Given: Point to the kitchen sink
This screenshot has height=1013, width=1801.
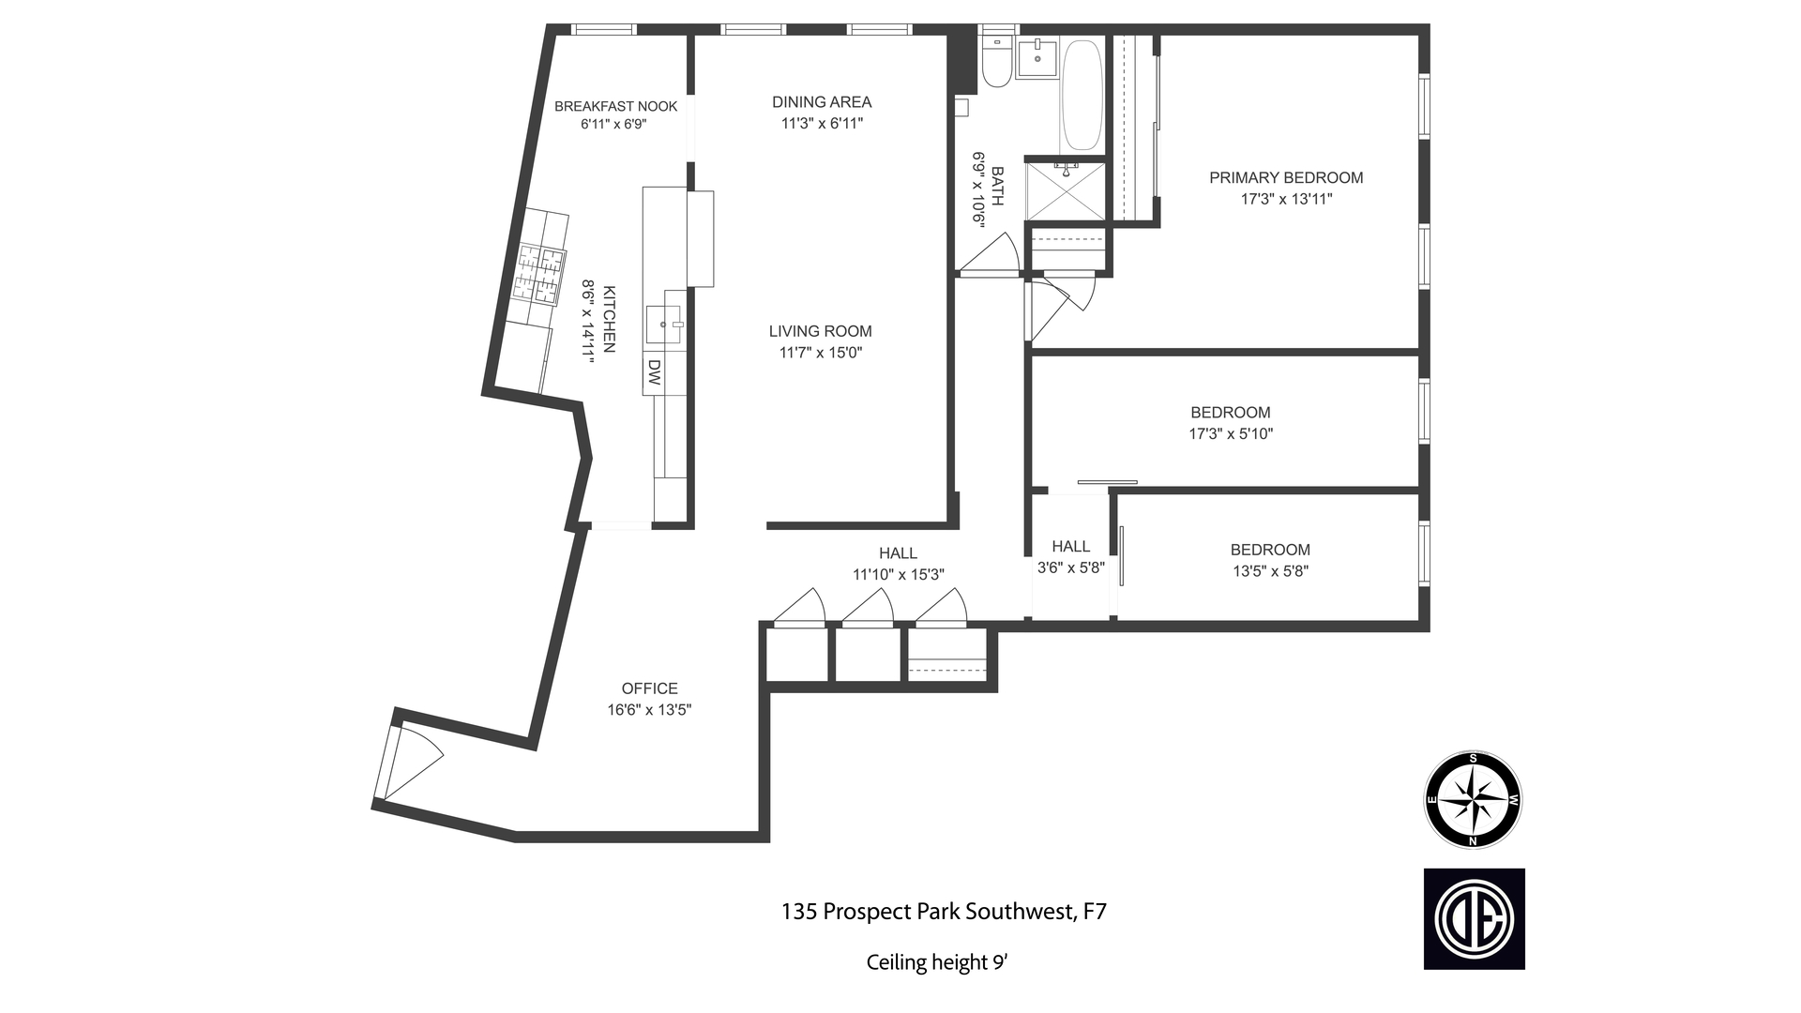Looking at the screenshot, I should [665, 325].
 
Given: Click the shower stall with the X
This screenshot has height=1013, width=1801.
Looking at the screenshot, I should [1066, 192].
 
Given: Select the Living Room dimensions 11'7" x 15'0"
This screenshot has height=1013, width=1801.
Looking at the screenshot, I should [820, 353].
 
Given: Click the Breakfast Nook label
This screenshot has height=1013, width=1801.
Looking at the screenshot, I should [615, 106].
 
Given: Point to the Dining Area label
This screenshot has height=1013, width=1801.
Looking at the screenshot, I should [822, 101].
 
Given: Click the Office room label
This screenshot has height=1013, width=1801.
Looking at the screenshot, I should [649, 688].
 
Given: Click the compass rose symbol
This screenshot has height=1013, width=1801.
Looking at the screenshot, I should [1473, 800].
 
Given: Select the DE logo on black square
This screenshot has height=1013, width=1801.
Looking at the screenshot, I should [1474, 918].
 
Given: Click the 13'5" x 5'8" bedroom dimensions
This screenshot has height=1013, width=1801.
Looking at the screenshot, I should [1270, 570].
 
